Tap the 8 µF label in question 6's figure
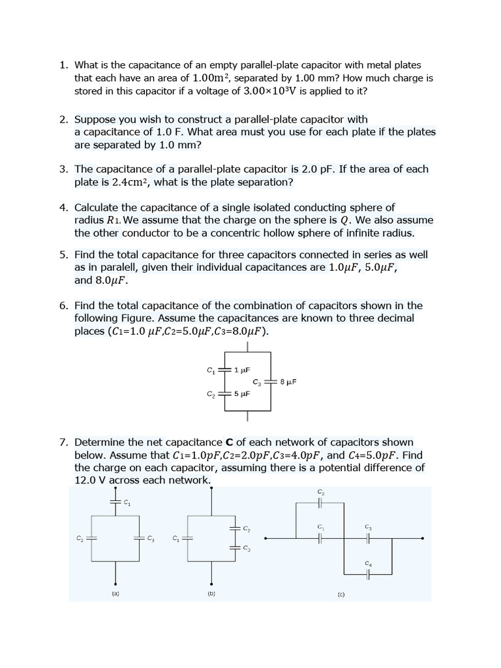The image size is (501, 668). [x=288, y=382]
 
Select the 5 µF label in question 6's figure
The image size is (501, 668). [x=241, y=394]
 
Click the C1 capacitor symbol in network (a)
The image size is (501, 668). [x=115, y=502]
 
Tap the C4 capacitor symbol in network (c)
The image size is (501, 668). [x=368, y=574]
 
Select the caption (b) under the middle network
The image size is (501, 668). [x=211, y=594]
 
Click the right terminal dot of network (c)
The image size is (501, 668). [x=423, y=538]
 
